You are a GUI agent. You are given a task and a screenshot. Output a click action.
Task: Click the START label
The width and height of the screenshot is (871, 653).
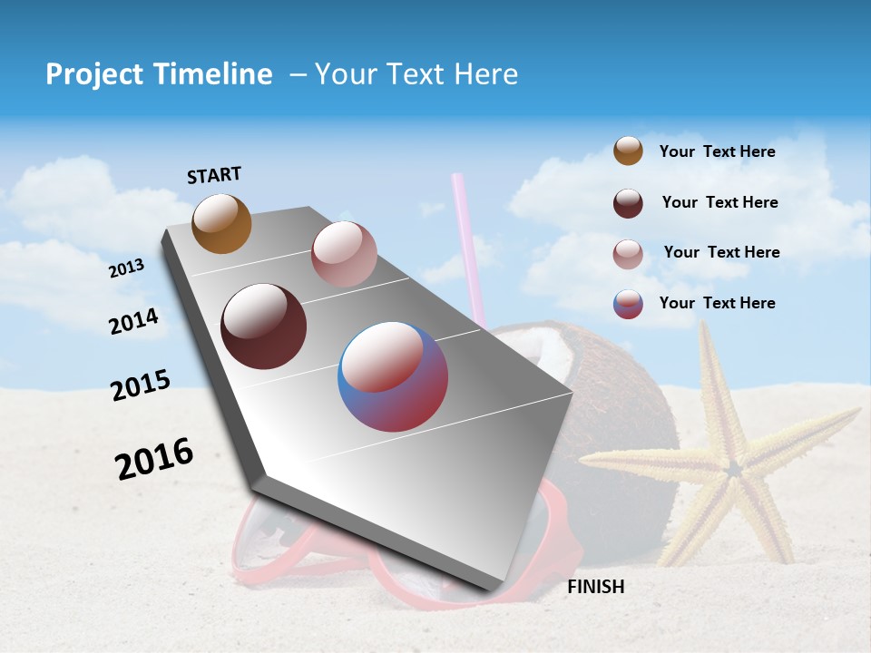[x=214, y=175]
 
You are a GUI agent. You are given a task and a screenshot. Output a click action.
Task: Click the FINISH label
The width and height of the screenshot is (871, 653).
[x=595, y=587]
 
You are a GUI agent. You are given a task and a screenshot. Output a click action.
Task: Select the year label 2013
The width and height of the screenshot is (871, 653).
[x=126, y=268]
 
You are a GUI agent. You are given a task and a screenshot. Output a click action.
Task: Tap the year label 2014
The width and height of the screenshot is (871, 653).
[x=133, y=321]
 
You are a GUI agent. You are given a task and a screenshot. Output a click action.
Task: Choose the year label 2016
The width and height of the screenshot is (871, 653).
[x=153, y=459]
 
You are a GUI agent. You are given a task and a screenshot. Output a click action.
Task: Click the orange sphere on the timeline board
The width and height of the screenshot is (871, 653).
[x=221, y=223]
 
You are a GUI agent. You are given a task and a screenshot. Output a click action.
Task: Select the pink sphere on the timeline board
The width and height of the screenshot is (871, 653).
[x=343, y=254]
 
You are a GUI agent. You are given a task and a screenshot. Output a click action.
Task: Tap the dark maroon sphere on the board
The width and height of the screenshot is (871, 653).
[x=263, y=326]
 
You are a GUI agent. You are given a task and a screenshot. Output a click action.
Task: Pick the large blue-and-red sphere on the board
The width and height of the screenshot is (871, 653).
[x=393, y=376]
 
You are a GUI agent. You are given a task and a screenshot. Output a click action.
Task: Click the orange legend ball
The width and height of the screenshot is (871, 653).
[x=628, y=151]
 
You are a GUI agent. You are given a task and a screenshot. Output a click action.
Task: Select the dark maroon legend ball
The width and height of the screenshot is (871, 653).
[x=628, y=203]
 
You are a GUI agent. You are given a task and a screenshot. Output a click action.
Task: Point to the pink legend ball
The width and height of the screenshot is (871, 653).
[x=628, y=254]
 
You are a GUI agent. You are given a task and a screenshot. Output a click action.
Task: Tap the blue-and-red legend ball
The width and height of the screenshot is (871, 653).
[x=628, y=304]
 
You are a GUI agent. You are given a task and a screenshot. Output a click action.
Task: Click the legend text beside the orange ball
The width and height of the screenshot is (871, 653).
[x=717, y=151]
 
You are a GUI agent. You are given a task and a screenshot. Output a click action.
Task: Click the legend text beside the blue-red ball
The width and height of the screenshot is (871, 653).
[x=717, y=303]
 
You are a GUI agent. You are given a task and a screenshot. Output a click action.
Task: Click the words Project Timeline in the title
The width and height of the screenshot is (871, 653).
[x=159, y=74]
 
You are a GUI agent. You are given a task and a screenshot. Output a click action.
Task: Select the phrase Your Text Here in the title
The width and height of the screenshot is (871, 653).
[x=416, y=74]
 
